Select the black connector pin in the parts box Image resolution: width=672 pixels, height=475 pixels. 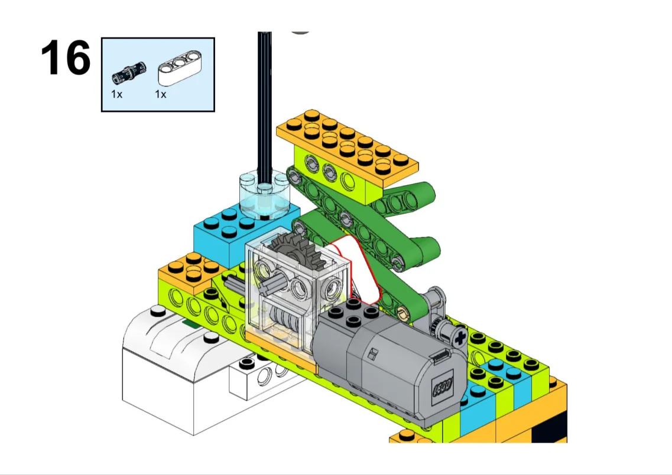tap(129, 71)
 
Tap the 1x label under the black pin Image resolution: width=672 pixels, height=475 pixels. tap(116, 94)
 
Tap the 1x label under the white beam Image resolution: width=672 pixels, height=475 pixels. tap(161, 94)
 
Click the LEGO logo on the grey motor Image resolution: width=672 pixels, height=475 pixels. tap(443, 387)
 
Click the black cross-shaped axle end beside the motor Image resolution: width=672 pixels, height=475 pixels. tap(459, 339)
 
